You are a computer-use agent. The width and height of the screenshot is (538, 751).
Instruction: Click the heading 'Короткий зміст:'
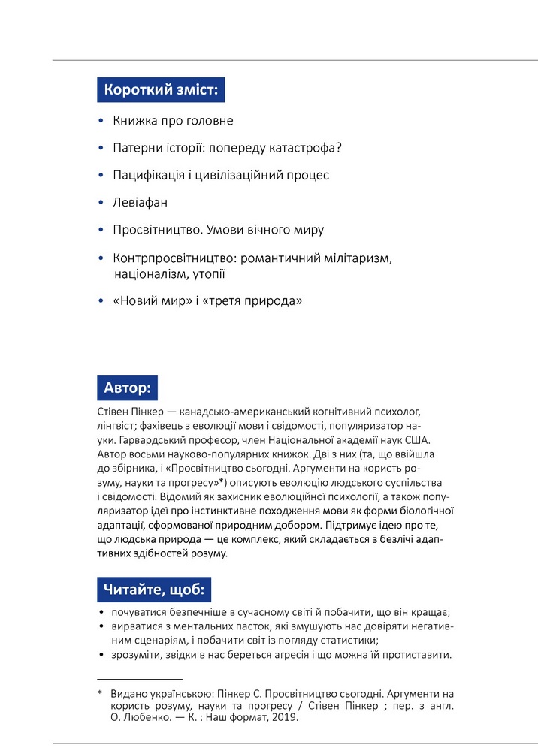[x=161, y=90]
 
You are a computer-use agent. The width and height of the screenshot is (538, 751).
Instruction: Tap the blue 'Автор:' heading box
[x=127, y=388]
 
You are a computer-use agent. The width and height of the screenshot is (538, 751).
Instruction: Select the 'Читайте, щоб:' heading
[x=154, y=590]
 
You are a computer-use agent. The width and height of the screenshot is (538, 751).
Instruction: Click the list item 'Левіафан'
[x=141, y=203]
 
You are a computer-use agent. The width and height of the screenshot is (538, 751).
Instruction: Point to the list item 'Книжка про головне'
[x=173, y=120]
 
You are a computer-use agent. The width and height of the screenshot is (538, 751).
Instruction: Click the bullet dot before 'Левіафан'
[x=101, y=204]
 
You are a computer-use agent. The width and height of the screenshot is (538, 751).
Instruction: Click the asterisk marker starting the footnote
[x=100, y=692]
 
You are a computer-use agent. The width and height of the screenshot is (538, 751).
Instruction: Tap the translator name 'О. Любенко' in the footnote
[x=136, y=717]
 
